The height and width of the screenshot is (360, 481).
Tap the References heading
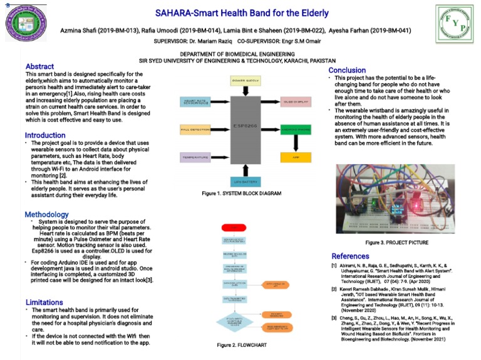pos(350,256)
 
